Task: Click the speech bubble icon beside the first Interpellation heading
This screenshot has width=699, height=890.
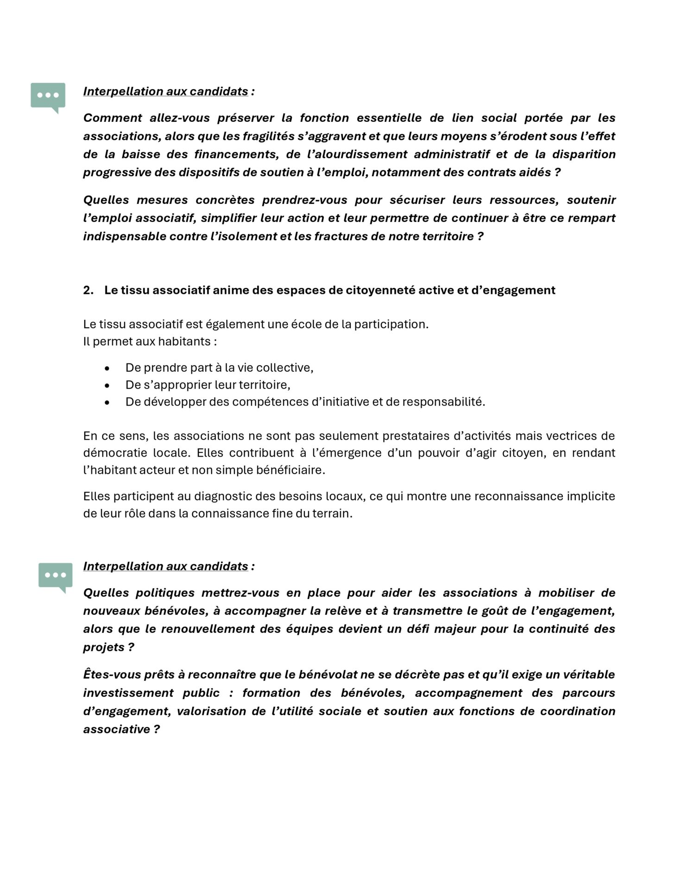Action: click(x=48, y=96)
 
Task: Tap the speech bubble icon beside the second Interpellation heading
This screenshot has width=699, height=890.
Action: click(x=55, y=576)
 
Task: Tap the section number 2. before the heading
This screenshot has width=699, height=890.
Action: click(x=88, y=291)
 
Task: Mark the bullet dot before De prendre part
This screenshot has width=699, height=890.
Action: click(x=107, y=369)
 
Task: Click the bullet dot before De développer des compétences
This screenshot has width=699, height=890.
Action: click(x=107, y=402)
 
